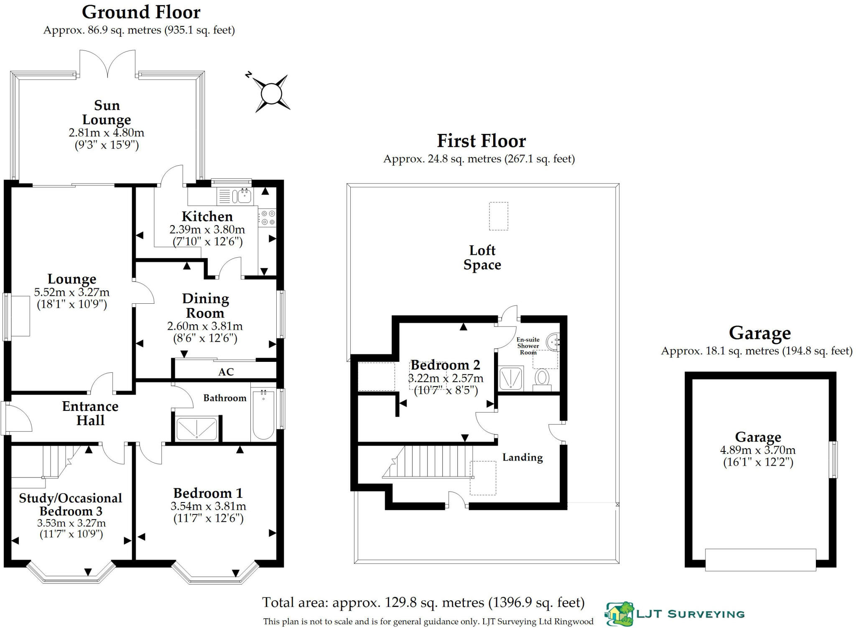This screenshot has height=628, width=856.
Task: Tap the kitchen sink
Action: [242, 195]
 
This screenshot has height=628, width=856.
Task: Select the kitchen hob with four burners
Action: [267, 218]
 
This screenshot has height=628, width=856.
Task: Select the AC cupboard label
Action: [226, 372]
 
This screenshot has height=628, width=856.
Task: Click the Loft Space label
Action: [482, 257]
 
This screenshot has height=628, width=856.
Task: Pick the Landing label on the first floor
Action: [522, 457]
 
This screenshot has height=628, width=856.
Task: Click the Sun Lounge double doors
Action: [108, 65]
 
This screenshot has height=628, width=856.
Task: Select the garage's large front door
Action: [760, 559]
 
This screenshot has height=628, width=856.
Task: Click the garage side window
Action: [833, 459]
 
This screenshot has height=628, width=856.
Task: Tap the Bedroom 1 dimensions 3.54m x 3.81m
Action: [208, 506]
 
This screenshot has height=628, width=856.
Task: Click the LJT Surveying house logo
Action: [619, 614]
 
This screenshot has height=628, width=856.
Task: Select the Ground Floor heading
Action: [141, 12]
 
